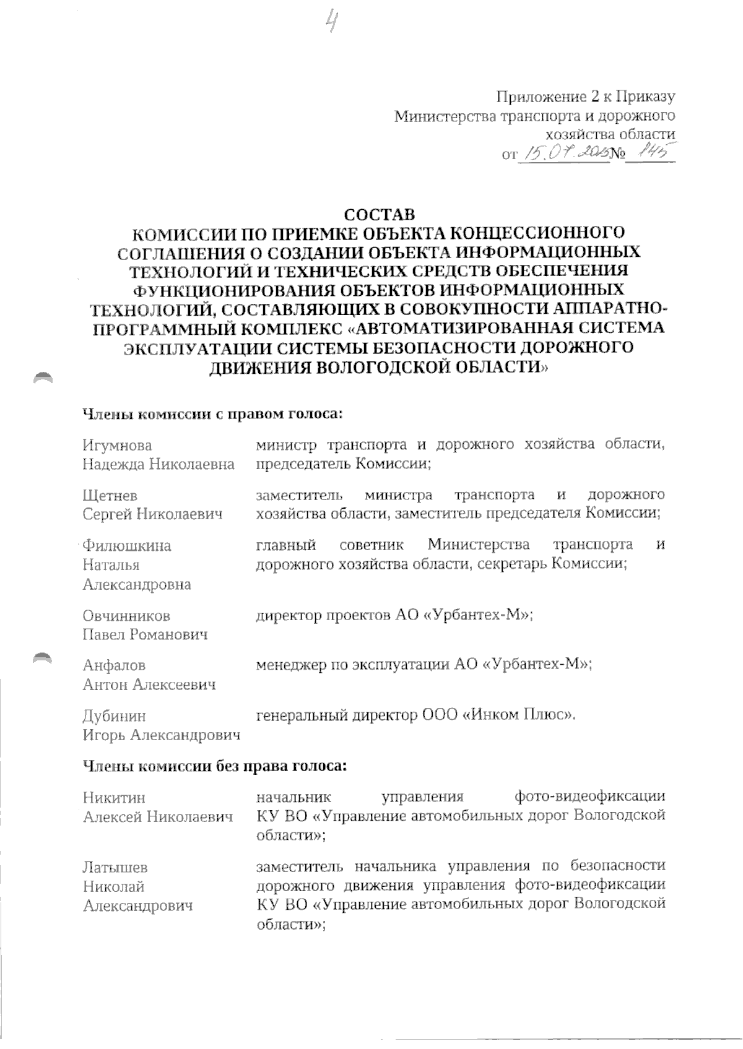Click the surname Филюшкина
tap(127, 546)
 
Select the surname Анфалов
tap(115, 666)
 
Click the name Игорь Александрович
tap(161, 735)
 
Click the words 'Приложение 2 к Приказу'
tap(585, 97)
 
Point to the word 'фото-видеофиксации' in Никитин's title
tap(589, 797)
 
